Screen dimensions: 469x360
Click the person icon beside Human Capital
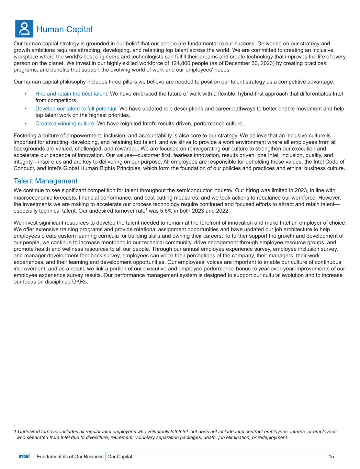(x=24, y=29)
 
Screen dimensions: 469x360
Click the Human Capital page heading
(x=64, y=30)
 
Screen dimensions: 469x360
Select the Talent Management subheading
(x=45, y=181)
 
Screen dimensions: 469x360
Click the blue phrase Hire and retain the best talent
(x=71, y=94)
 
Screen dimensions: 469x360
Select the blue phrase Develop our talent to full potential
(x=76, y=109)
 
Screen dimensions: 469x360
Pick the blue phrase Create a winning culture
(x=65, y=123)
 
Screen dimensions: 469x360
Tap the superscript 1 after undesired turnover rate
(x=146, y=209)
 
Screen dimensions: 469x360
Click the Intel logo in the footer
(x=24, y=456)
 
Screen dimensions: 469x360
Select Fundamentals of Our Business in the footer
(x=70, y=457)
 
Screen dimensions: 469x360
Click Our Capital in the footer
(x=120, y=457)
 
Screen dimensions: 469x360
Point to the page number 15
(x=331, y=457)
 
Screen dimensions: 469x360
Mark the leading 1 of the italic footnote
(x=15, y=432)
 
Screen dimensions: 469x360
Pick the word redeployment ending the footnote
(x=272, y=437)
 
